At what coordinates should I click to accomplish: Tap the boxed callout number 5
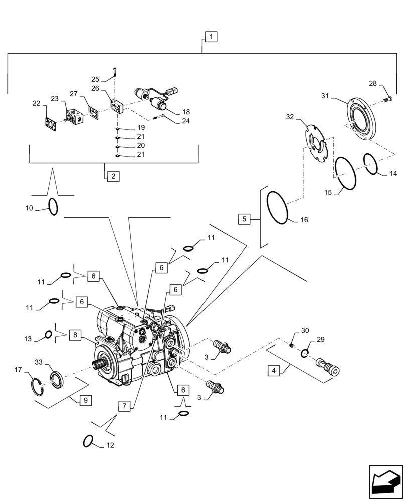(244, 219)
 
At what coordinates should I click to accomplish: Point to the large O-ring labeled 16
(277, 208)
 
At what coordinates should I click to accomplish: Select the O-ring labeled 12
(88, 441)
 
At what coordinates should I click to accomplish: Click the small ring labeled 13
(48, 335)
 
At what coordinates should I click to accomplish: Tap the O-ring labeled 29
(304, 354)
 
